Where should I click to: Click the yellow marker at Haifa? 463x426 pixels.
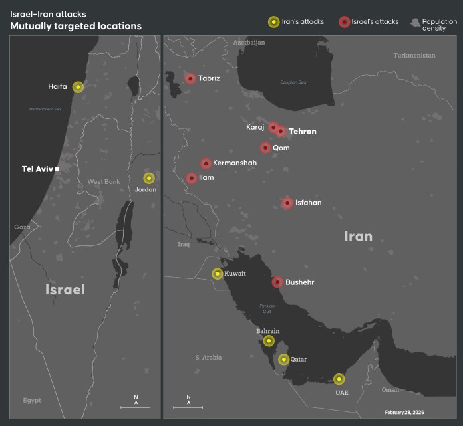[78, 86]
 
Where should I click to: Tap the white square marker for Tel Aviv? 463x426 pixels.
[58, 169]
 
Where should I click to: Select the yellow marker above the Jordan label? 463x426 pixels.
[148, 178]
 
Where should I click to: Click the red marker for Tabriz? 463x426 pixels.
[190, 78]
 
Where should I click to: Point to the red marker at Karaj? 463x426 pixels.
[273, 127]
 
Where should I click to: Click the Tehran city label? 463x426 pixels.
[302, 132]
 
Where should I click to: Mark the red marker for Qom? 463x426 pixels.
[265, 148]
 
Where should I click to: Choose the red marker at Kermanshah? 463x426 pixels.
[206, 163]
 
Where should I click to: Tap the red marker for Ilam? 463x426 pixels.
[192, 178]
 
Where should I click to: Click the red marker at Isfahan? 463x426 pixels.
[287, 203]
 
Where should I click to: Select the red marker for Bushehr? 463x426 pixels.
[277, 282]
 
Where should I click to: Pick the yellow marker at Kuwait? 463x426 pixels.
[218, 274]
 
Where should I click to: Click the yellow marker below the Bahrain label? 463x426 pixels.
[268, 341]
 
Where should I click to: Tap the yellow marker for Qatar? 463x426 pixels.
[284, 360]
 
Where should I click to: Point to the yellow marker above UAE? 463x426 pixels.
[339, 379]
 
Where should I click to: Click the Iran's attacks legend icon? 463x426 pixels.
[273, 22]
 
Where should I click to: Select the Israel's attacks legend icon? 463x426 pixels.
[343, 22]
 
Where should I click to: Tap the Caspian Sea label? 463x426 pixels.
[293, 83]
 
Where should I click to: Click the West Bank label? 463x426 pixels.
[103, 182]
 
